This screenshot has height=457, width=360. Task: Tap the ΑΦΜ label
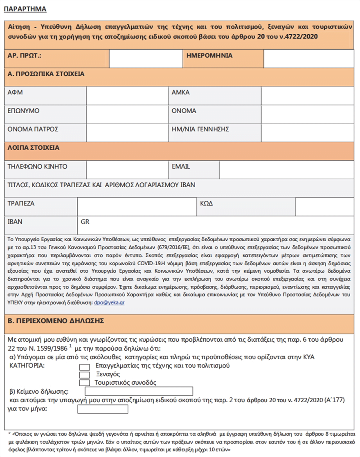pos(15,93)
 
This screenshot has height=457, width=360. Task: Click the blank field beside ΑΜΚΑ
pos(307,95)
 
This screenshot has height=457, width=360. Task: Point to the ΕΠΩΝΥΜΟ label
pos(24,111)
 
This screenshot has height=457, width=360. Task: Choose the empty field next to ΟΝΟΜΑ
pos(307,114)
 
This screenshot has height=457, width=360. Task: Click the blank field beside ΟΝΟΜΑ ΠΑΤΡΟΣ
pos(127,132)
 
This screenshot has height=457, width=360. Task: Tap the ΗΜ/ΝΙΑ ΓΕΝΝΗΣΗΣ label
pos(200,129)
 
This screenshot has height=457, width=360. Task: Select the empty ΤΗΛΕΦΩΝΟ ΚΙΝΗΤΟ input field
pos(127,169)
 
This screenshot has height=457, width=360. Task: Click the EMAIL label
pos(181,167)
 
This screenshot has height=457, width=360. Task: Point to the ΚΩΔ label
pos(207,204)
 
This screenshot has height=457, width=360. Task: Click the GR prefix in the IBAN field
pos(85,222)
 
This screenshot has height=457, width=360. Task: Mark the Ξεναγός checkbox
pos(85,375)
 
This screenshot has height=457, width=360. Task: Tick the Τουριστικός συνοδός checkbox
pos(85,383)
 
